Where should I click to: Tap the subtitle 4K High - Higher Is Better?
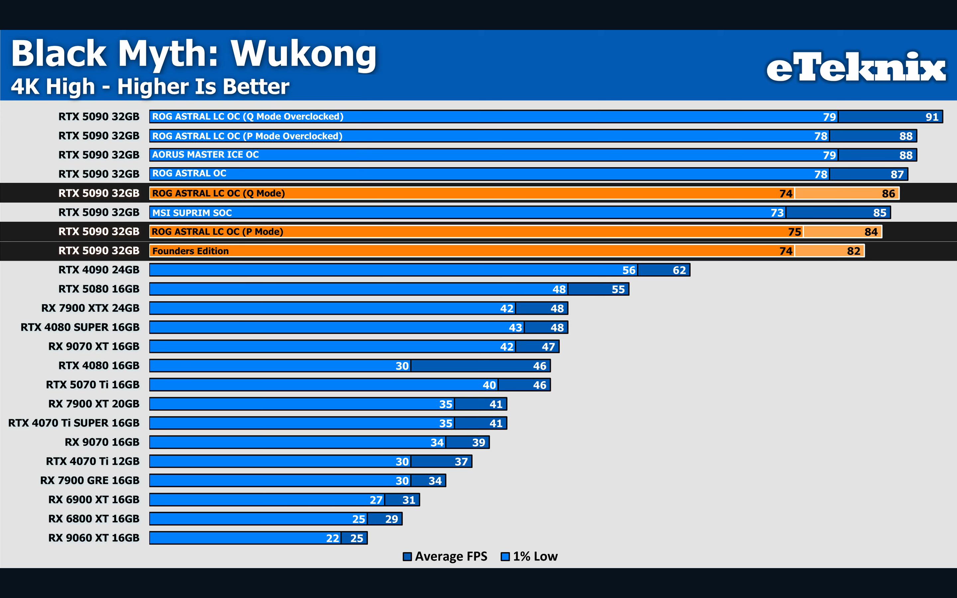coord(150,87)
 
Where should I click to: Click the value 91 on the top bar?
coord(932,117)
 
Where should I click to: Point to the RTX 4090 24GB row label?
coord(99,270)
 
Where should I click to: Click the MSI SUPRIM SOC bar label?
coord(192,213)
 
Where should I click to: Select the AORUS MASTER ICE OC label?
coord(205,154)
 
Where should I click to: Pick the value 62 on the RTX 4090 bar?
coord(679,270)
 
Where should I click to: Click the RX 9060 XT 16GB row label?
coord(94,538)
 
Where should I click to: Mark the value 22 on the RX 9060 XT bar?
coord(332,538)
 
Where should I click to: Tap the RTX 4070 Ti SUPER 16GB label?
coord(74,423)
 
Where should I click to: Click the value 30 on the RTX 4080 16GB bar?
coord(402,366)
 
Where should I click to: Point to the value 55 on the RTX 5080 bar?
coord(618,289)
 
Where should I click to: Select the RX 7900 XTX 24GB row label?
coord(91,308)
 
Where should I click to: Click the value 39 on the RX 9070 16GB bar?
coord(478,443)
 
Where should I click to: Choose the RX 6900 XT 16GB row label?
coord(94,500)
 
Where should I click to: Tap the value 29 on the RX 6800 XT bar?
coord(391,519)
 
